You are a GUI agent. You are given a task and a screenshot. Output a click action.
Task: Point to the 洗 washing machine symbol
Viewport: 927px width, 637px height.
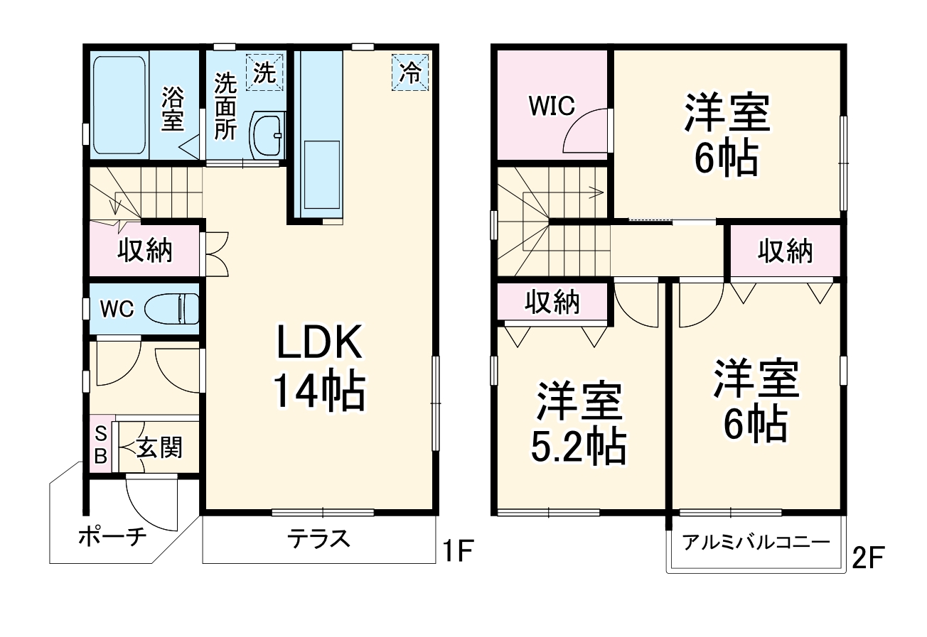(x=264, y=72)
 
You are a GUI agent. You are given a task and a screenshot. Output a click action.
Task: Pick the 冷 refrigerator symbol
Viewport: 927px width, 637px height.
(x=410, y=72)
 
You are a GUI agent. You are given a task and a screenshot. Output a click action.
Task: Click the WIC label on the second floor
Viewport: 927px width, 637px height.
(x=551, y=107)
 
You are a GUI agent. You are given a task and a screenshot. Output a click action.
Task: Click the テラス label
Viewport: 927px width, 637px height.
(x=319, y=539)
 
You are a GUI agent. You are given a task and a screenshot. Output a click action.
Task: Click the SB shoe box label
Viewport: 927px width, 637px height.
(x=101, y=444)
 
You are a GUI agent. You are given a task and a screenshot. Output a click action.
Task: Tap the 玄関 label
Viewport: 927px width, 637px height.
(x=160, y=447)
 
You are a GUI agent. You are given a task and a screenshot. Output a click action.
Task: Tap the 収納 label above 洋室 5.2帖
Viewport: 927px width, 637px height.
(x=552, y=303)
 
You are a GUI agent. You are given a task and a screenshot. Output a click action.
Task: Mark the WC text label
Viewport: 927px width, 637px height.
(x=117, y=309)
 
